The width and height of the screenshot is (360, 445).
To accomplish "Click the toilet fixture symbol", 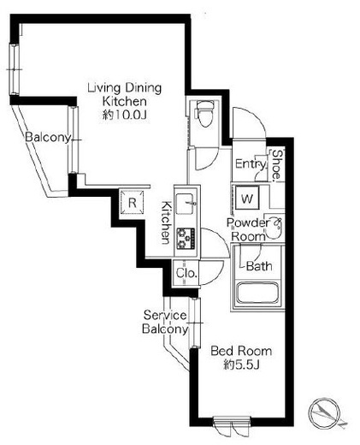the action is click(x=206, y=113).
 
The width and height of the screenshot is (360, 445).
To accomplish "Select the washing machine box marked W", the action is click(x=247, y=198).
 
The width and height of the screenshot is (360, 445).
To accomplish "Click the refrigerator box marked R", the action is click(x=132, y=203).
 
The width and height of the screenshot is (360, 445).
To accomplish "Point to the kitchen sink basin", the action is click(x=186, y=204).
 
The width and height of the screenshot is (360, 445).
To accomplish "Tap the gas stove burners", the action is click(x=186, y=238).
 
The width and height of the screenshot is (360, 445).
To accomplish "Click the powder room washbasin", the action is click(x=274, y=227).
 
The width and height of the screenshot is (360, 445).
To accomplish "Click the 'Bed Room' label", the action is click(x=241, y=351).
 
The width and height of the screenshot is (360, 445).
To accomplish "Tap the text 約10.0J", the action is click(x=125, y=115).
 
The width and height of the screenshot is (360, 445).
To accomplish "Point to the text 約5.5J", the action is click(x=241, y=365).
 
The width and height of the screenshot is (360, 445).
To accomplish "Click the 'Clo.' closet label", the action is click(x=186, y=273).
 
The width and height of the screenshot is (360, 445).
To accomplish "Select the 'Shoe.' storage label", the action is click(x=277, y=166).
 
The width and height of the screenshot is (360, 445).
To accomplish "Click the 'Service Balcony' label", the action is click(x=165, y=322).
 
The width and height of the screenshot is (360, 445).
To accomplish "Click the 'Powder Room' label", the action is click(x=246, y=229).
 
